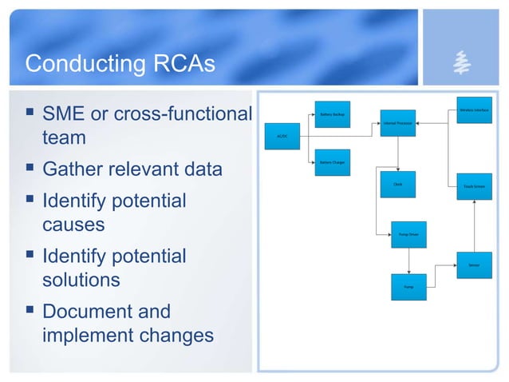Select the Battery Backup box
tap(331, 114)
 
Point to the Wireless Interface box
tap(474, 109)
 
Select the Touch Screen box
tap(474, 185)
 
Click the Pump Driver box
tap(408, 234)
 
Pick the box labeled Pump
tap(408, 285)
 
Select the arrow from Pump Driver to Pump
tap(408, 260)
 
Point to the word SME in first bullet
tap(65, 114)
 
